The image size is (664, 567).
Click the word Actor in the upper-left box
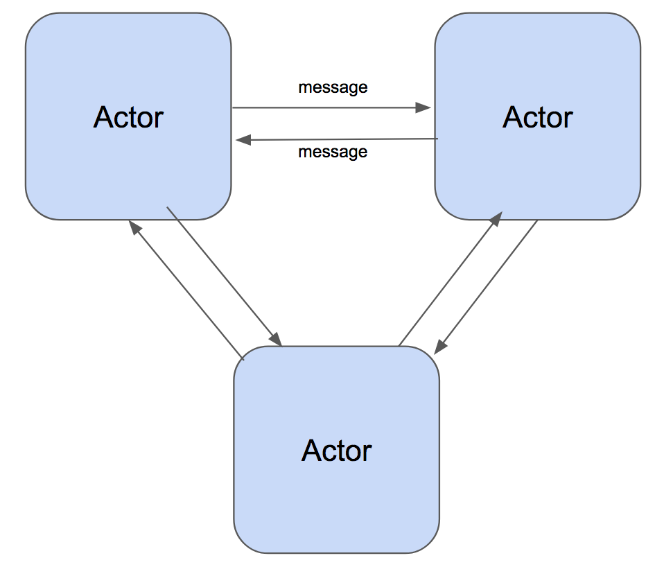point(128,117)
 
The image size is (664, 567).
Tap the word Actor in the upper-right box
point(537,117)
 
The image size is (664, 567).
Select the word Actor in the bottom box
point(337,451)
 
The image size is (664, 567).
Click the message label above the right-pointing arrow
point(333,87)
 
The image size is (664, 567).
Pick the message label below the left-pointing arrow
point(333,151)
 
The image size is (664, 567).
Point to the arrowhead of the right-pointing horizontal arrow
point(423,108)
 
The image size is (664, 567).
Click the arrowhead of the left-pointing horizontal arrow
point(243,140)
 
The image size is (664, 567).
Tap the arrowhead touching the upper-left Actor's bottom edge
point(134,227)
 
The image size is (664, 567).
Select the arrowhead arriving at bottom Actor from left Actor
point(275,339)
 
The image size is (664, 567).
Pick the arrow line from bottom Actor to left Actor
point(187,291)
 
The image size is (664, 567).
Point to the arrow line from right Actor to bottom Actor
point(489,284)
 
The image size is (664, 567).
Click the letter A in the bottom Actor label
point(311,451)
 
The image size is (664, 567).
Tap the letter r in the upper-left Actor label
point(159,119)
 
